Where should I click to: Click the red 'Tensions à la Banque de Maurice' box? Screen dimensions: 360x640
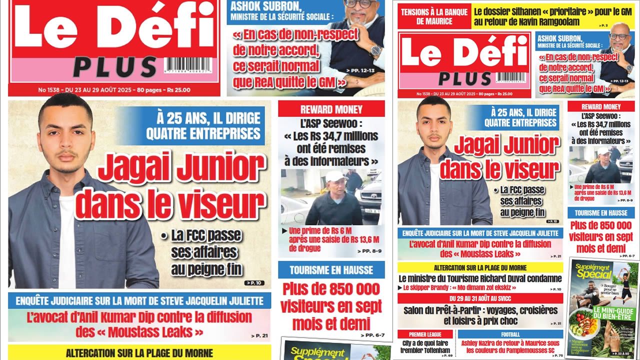coord(433,17)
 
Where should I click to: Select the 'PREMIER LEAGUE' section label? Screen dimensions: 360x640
coord(425,334)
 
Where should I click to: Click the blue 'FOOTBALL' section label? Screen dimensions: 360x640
coord(510,334)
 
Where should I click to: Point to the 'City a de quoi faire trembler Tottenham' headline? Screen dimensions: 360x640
coord(425,346)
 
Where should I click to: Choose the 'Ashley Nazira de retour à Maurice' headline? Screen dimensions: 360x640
coord(510,346)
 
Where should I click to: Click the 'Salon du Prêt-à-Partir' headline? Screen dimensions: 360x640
coord(480,315)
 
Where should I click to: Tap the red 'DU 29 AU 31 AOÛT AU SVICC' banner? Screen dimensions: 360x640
coord(480,298)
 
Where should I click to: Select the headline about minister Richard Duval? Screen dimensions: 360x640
coord(480,278)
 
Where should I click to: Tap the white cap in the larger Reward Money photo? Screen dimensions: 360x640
coord(335,176)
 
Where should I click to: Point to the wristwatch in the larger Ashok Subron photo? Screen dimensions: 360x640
coord(374,50)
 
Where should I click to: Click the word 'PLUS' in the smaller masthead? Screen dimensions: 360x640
coord(464,79)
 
